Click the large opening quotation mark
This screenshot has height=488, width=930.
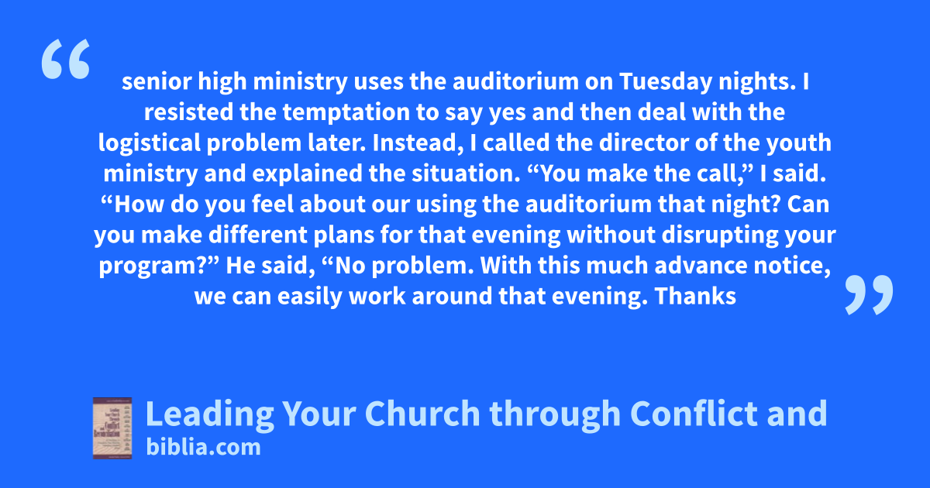66,59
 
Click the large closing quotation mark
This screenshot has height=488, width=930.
869,294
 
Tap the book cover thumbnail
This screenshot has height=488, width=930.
112,428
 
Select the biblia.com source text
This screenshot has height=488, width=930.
203,448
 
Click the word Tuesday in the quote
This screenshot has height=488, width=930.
666,81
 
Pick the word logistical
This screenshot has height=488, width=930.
150,143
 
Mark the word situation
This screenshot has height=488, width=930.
467,174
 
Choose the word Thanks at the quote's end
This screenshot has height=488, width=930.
695,296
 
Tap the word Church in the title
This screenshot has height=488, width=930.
422,414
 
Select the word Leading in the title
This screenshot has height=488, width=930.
210,414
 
